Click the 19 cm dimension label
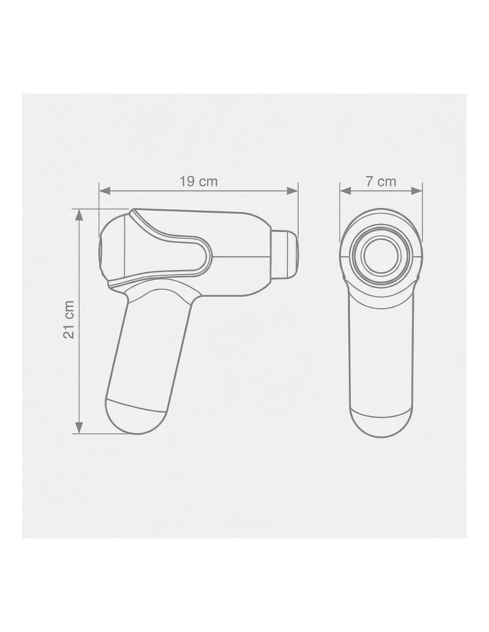click(198, 181)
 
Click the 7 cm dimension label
click(381, 181)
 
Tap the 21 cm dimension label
click(69, 320)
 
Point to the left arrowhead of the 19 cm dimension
click(105, 191)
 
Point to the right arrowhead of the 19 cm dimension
click(293, 191)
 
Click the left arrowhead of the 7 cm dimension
click(345, 191)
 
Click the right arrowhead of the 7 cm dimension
click(416, 191)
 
